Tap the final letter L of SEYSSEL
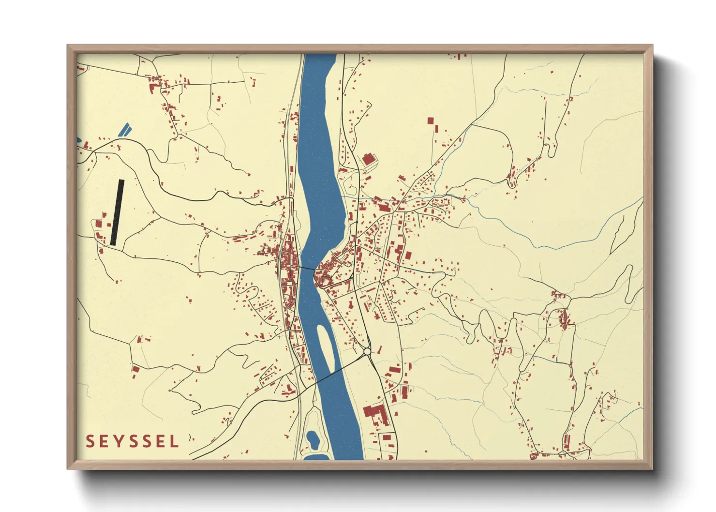pos(174,441)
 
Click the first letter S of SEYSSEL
pos(90,441)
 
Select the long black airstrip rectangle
pos(117,212)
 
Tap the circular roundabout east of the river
pos(367,351)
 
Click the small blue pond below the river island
pos(313,439)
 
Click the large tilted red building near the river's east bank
pos(368,159)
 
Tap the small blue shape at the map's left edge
pos(78,140)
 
